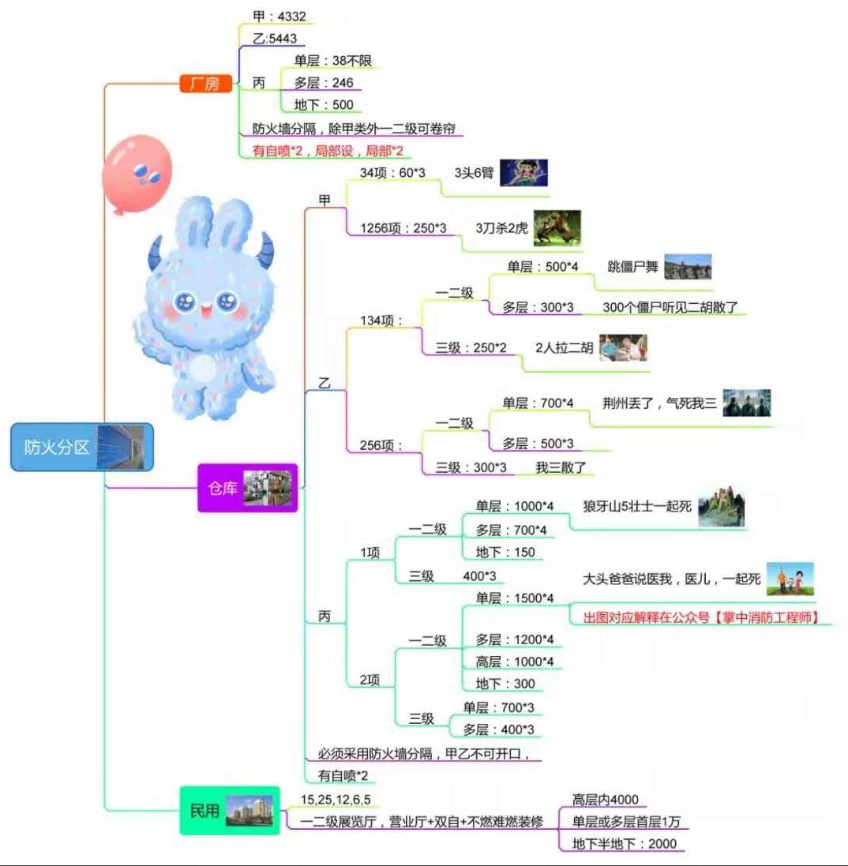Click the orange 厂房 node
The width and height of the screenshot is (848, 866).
(x=204, y=83)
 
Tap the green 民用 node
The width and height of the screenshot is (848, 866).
(x=230, y=811)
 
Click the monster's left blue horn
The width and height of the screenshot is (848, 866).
(x=155, y=251)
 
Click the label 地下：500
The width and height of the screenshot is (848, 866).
(x=323, y=104)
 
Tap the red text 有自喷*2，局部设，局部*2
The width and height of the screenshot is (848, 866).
(x=332, y=149)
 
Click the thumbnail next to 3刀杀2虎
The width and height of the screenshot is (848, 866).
(x=557, y=228)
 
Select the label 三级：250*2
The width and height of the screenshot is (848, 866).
(x=471, y=347)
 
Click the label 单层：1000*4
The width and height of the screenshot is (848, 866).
(x=515, y=506)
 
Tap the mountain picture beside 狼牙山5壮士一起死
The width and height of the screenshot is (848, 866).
(x=721, y=505)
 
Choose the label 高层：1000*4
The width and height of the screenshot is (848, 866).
(x=515, y=661)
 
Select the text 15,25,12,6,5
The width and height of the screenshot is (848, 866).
(x=336, y=799)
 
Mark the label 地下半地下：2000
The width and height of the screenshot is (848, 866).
(x=624, y=843)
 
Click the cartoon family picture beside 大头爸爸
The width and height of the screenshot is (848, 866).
(x=790, y=579)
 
